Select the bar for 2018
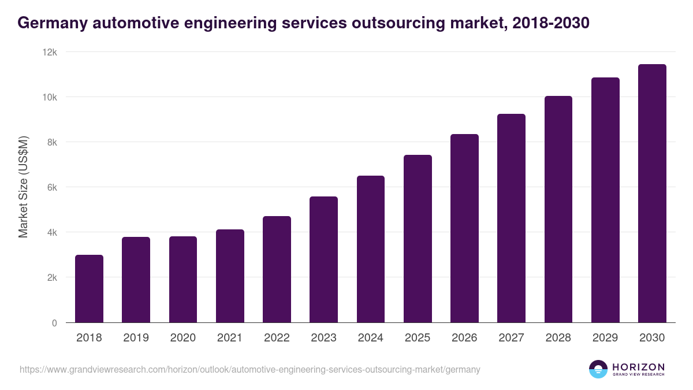click(89, 289)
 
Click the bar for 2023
click(323, 260)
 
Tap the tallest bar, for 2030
click(652, 194)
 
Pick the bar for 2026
click(464, 228)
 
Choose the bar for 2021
click(230, 276)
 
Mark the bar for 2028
click(558, 209)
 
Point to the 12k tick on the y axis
click(51, 52)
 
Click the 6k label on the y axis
click(51, 187)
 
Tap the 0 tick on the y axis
click(54, 323)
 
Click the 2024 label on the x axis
click(370, 338)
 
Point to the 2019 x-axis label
click(136, 338)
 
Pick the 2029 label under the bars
click(605, 338)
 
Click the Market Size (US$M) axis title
click(23, 187)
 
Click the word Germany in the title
click(49, 23)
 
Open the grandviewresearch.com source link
click(249, 369)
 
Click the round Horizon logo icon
click(598, 369)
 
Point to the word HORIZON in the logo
click(638, 366)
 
